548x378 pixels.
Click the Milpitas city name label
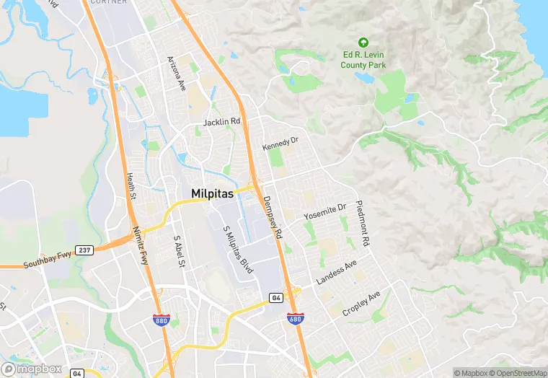(216, 193)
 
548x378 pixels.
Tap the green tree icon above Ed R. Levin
(363, 43)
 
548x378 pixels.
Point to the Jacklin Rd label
(221, 122)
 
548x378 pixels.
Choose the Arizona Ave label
(177, 71)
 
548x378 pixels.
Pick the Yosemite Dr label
(324, 211)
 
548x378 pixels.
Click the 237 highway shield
(85, 249)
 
